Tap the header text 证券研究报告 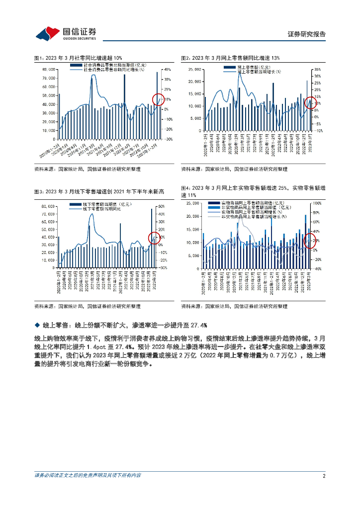coord(307,34)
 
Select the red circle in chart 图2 coord(310,102)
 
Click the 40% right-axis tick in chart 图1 coord(168,70)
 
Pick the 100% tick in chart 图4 coord(317,203)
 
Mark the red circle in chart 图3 coord(155,239)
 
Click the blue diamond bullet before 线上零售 coord(36,325)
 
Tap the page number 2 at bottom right coord(324,476)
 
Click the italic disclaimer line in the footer coord(88,476)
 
